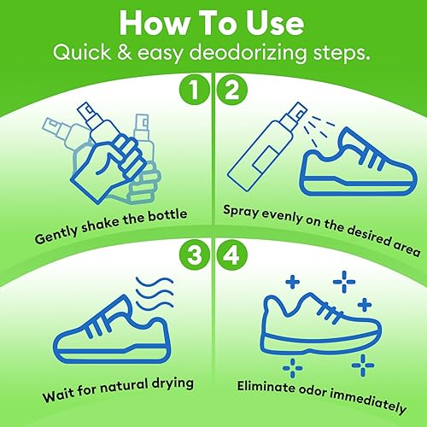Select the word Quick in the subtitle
[x=82, y=53]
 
